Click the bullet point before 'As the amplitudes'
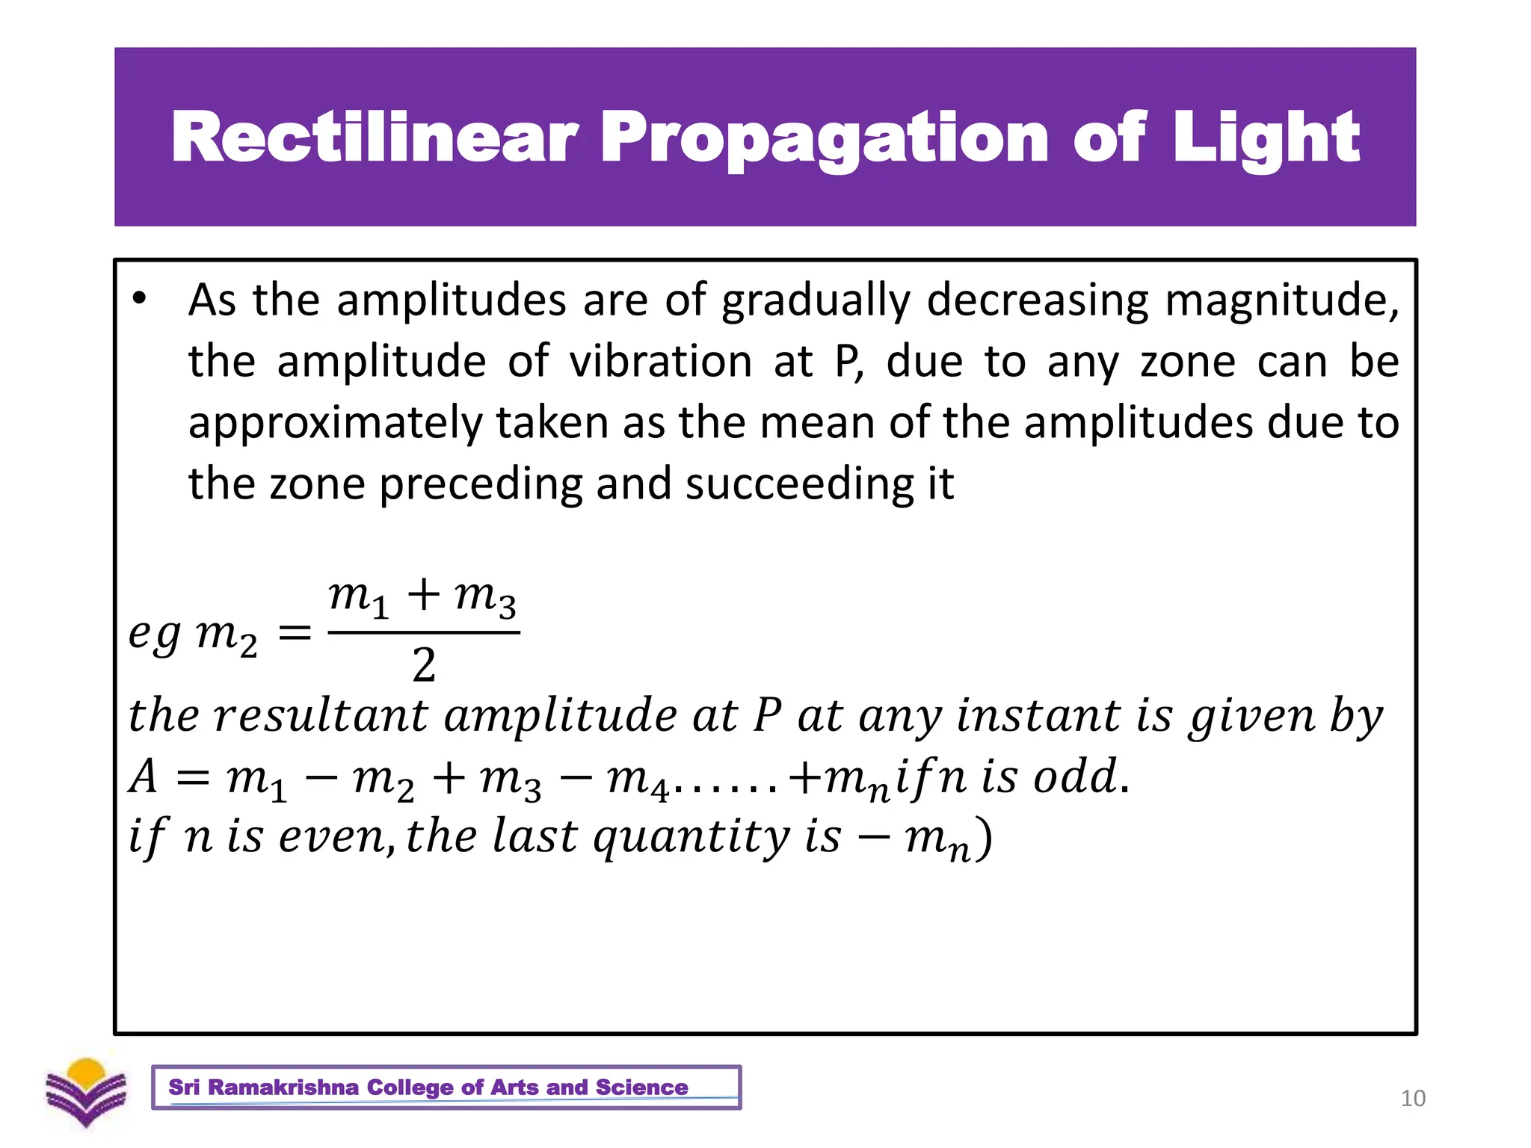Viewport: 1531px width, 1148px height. (139, 300)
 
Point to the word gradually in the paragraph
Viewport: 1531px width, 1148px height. (816, 301)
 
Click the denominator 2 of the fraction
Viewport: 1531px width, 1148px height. (424, 665)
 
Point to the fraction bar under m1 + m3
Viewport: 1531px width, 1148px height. (424, 633)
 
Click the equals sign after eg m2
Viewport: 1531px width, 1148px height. (294, 634)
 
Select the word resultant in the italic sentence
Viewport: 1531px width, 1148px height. (321, 715)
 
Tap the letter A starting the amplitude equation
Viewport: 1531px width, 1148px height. (144, 777)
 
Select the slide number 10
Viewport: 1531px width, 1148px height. (1413, 1099)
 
